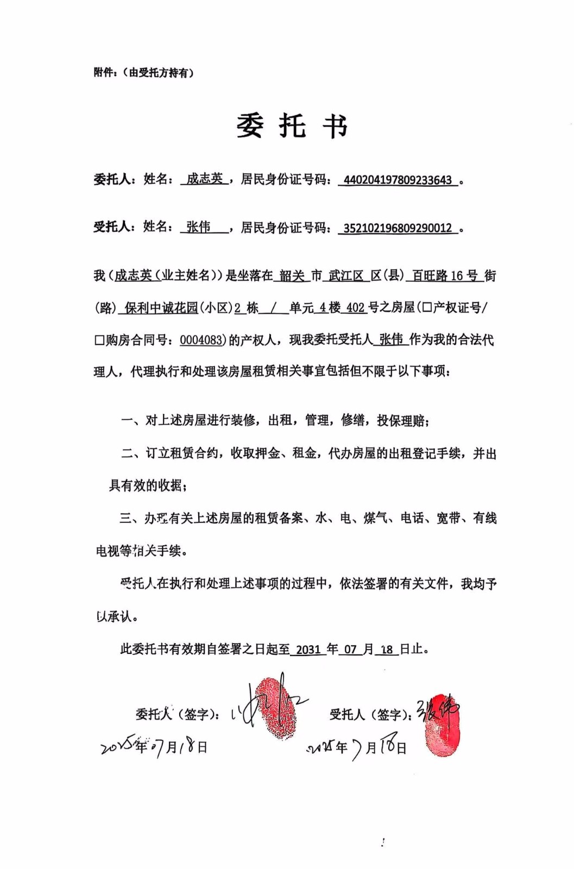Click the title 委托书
pos(292,126)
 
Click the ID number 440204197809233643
pos(398,180)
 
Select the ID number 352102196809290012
pos(398,228)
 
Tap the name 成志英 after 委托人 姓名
pos(204,179)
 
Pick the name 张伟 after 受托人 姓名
pos(198,227)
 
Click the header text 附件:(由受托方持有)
pos(143,72)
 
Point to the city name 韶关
pos(292,276)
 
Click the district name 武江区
pos(346,276)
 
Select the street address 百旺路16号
pos(444,276)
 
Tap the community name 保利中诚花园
pos(161,308)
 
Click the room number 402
pos(356,308)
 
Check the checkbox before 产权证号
pos(427,308)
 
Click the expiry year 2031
pos(308,650)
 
